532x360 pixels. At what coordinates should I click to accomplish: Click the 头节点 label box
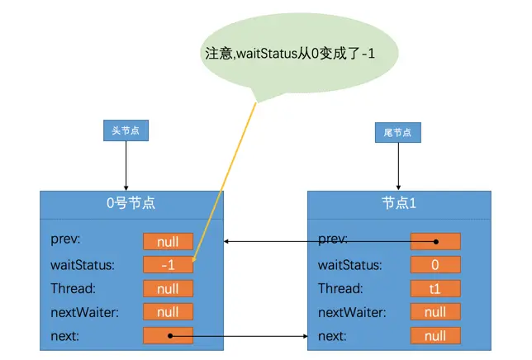coord(126,130)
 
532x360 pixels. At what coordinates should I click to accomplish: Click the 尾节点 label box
coord(397,131)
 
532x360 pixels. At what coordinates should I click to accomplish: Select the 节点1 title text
coord(399,202)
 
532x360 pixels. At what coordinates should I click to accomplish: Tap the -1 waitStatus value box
coord(168,265)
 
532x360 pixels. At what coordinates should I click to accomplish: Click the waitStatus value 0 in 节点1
coord(435,265)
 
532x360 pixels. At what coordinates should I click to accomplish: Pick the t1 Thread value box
coord(435,289)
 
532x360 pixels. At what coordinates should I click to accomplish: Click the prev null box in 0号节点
coord(168,241)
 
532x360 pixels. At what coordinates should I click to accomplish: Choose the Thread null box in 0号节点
coord(168,289)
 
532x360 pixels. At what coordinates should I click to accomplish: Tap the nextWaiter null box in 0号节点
coord(168,312)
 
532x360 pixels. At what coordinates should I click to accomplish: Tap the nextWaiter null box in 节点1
coord(435,312)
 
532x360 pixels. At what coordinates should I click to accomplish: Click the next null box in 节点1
coord(435,336)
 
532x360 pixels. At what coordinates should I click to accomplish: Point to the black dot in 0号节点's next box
coord(169,336)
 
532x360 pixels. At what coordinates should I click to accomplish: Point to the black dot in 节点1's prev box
coord(436,242)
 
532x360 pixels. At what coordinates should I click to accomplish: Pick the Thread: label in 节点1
coord(340,289)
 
